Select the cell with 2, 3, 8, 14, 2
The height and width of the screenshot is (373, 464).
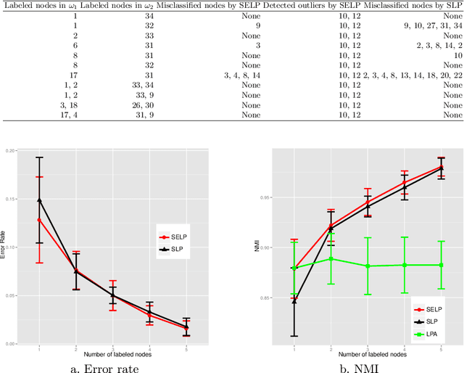[439, 44]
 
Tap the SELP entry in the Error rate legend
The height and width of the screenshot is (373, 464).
[182, 237]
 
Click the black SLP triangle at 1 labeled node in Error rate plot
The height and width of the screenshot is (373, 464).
[39, 200]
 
